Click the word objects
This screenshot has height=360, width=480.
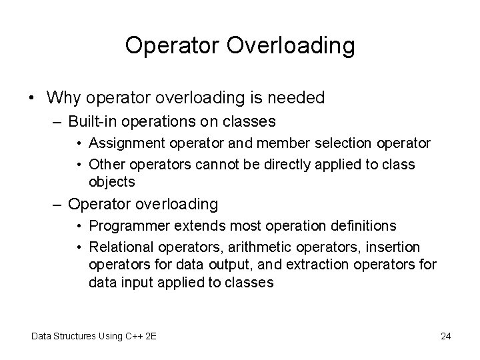[112, 181]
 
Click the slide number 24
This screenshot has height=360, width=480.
[446, 336]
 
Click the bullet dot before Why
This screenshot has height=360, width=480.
[32, 99]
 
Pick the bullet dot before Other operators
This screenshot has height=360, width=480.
[79, 165]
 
